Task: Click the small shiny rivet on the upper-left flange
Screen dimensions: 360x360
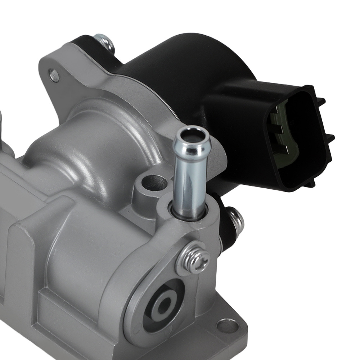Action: (54, 76)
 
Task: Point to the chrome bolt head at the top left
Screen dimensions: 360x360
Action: (104, 41)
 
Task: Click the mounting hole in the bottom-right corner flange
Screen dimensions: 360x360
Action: (228, 326)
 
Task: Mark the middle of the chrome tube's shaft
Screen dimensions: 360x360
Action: (190, 176)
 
